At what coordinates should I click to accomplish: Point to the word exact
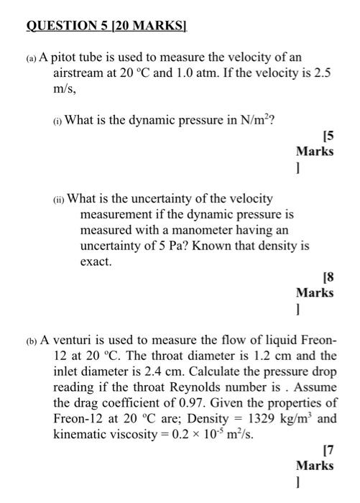pos(96,262)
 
